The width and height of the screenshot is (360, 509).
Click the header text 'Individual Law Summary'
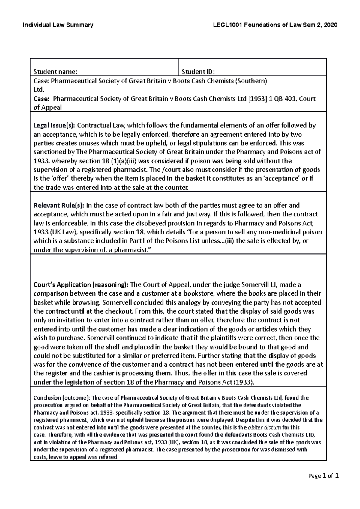pos(58,25)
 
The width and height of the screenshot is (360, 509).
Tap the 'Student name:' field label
pos(55,72)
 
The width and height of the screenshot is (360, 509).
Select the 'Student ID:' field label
pos(198,72)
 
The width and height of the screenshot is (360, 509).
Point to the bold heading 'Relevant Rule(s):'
pos(59,206)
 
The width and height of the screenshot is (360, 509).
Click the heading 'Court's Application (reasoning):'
pos(81,284)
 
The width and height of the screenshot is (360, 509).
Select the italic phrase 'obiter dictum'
pos(264,427)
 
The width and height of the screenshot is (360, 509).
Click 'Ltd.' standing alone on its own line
pos(39,90)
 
